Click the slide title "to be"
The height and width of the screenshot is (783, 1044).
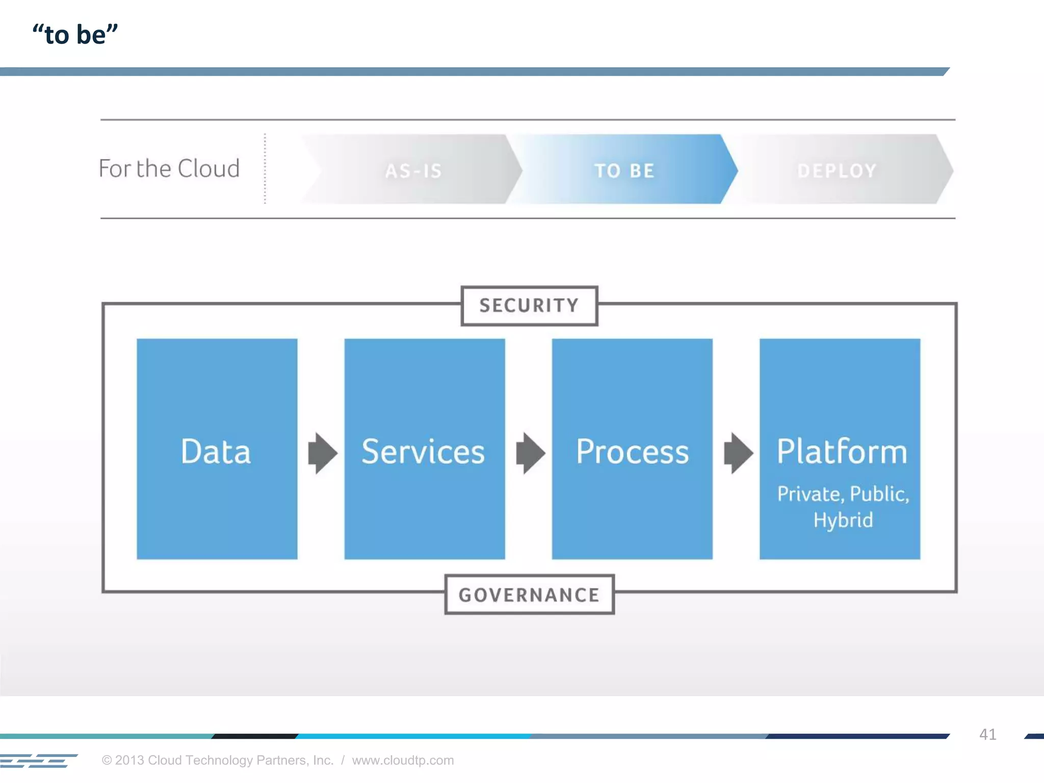pyautogui.click(x=75, y=35)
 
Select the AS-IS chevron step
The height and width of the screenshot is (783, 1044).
pyautogui.click(x=413, y=170)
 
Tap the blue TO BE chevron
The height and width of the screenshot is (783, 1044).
pyautogui.click(x=624, y=170)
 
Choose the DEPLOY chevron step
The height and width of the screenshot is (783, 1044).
pyautogui.click(x=837, y=170)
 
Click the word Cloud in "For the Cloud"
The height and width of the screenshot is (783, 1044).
pyautogui.click(x=208, y=169)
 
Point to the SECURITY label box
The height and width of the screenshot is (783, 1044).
pyautogui.click(x=529, y=305)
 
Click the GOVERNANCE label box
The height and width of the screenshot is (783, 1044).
pyautogui.click(x=529, y=594)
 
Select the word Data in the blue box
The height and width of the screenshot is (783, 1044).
pyautogui.click(x=216, y=452)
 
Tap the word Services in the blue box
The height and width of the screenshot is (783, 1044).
pyautogui.click(x=423, y=452)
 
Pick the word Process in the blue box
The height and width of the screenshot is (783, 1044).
pyautogui.click(x=632, y=452)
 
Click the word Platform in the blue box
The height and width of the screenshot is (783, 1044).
pyautogui.click(x=842, y=452)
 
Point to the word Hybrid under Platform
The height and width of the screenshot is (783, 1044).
pyautogui.click(x=843, y=520)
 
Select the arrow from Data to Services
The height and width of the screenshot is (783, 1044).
pyautogui.click(x=322, y=453)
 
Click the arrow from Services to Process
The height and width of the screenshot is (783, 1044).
pyautogui.click(x=530, y=453)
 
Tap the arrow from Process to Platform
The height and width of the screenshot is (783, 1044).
pyautogui.click(x=738, y=453)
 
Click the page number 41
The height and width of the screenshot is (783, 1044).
pyautogui.click(x=987, y=734)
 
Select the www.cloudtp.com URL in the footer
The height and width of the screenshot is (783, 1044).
pyautogui.click(x=403, y=760)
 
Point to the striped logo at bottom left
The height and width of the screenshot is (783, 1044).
pyautogui.click(x=38, y=761)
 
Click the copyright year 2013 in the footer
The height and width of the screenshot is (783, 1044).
pyautogui.click(x=130, y=760)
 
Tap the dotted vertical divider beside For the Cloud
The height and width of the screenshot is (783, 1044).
pyautogui.click(x=265, y=169)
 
